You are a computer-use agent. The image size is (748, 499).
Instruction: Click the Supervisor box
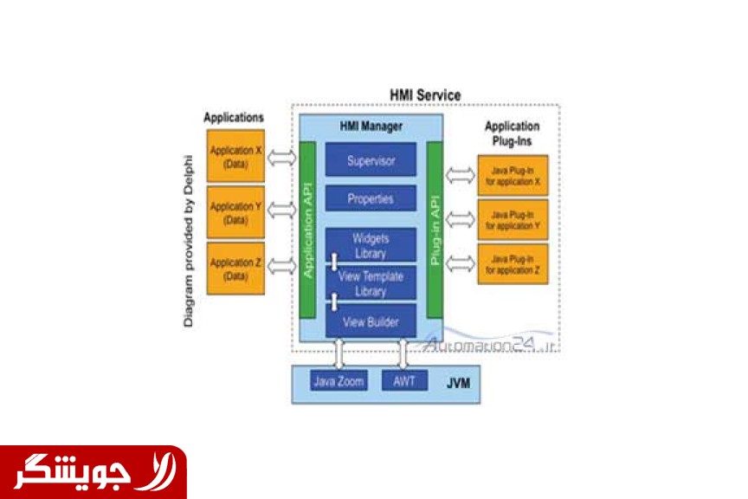[371, 160]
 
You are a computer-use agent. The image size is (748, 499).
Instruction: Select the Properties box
[371, 198]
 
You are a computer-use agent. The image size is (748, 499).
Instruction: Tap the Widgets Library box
[371, 244]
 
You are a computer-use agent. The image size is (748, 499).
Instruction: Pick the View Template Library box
[371, 282]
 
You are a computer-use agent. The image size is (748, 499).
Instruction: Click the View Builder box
[371, 321]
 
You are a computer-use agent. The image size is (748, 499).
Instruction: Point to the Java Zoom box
[339, 380]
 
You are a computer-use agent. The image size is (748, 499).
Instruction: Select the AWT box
[404, 380]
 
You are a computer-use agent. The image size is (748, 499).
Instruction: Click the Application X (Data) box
[235, 157]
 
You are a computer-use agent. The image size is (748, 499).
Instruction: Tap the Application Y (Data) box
[235, 212]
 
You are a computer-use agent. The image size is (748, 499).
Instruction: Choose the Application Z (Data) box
[235, 269]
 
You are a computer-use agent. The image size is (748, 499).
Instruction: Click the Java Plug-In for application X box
[513, 177]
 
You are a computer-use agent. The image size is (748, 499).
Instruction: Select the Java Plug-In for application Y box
[513, 220]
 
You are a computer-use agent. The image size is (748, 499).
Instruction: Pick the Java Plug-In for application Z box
[513, 264]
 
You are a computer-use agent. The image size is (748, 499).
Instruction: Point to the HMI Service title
[426, 95]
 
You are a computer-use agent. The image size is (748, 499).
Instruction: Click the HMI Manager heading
[371, 126]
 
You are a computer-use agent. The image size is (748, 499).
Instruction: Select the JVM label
[459, 381]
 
